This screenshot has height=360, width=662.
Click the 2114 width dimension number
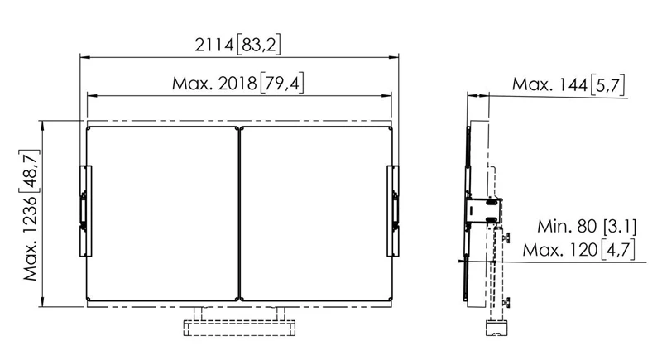(214, 45)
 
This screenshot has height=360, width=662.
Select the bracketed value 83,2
(259, 45)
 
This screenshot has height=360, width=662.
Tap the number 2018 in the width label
(237, 83)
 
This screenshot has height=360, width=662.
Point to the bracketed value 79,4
(282, 83)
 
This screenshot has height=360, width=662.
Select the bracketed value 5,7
(607, 85)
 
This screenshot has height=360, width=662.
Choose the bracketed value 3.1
(620, 227)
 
